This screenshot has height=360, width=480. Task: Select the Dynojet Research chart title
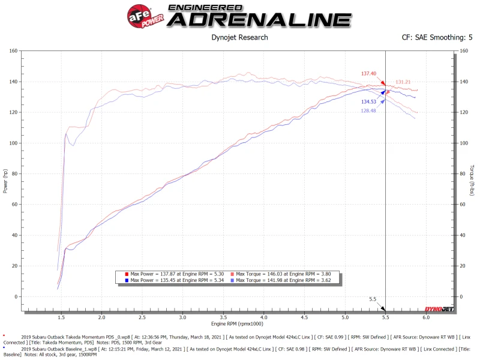click(239, 37)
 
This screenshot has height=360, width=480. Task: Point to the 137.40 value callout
click(368, 74)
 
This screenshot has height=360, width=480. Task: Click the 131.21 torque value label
click(403, 82)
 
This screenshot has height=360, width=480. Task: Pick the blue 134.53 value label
click(369, 102)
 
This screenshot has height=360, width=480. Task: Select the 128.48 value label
click(368, 110)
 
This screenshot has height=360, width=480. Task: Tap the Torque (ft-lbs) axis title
click(472, 180)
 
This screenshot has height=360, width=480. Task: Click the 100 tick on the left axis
click(13, 143)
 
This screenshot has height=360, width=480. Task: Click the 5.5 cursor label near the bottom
click(373, 298)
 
